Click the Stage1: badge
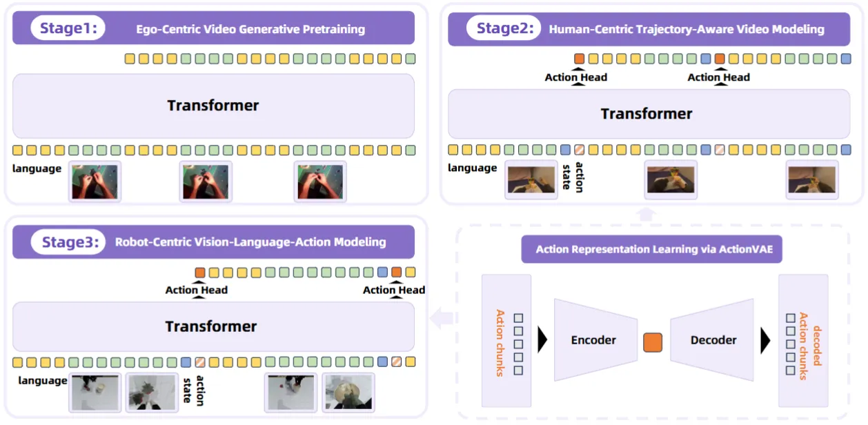(x=68, y=28)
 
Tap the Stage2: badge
(x=503, y=28)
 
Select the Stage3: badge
(x=68, y=241)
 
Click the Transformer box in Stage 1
(x=213, y=106)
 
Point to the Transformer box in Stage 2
(x=646, y=114)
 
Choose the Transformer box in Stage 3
(x=211, y=326)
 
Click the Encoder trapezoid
(x=594, y=339)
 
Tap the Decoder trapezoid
(x=713, y=339)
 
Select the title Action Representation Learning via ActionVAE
(x=651, y=249)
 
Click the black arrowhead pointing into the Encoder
(x=542, y=339)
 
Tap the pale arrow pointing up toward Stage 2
(x=646, y=213)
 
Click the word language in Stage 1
(x=37, y=168)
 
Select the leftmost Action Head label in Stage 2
(x=575, y=77)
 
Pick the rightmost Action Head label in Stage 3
(x=394, y=290)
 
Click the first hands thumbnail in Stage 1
(x=95, y=181)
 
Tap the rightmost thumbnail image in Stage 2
(x=811, y=180)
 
